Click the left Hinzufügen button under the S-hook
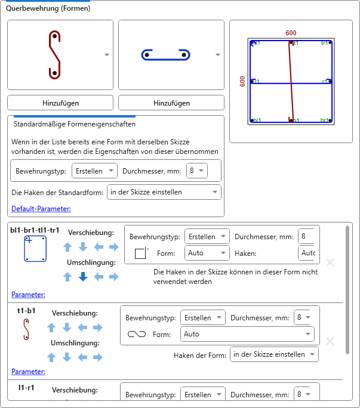click(60, 103)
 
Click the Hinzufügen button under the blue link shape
click(171, 103)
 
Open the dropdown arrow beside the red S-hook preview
click(107, 55)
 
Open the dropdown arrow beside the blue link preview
click(218, 55)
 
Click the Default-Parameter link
click(41, 209)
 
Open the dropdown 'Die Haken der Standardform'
click(163, 192)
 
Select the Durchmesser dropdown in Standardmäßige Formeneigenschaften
click(196, 171)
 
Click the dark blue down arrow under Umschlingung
click(83, 277)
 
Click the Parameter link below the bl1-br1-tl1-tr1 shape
click(28, 294)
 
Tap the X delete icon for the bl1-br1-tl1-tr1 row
click(330, 262)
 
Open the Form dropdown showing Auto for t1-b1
click(247, 334)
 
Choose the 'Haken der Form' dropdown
click(273, 354)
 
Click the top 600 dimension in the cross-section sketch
click(291, 33)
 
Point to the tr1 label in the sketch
click(324, 43)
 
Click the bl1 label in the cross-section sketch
click(257, 120)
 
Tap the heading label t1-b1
click(26, 311)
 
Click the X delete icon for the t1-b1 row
click(330, 341)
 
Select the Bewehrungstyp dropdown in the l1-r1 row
click(202, 395)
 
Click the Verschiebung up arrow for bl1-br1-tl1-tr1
click(67, 246)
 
